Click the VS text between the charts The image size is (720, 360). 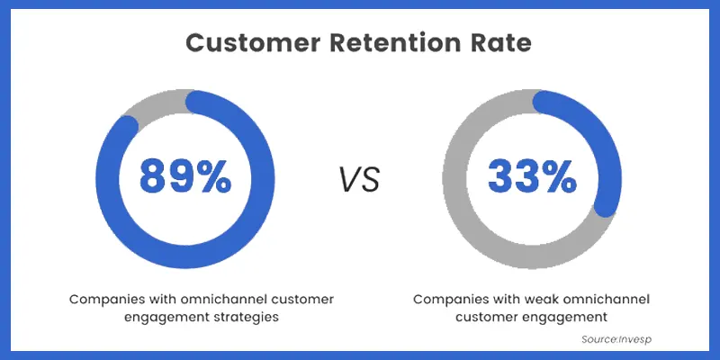tap(359, 179)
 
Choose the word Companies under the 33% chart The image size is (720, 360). tap(449, 298)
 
